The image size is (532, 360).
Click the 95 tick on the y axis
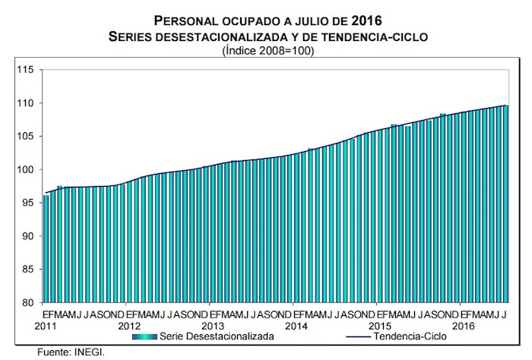27,203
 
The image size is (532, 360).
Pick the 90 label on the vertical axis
27,236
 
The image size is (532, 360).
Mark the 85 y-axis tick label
27,270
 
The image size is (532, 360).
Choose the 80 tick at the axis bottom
27,303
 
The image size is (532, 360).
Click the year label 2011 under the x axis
46,324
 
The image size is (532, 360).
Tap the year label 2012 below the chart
130,324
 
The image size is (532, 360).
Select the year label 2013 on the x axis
214,324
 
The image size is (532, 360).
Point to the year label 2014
297,324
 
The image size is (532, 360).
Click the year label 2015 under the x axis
381,324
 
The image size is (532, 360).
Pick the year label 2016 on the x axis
464,324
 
